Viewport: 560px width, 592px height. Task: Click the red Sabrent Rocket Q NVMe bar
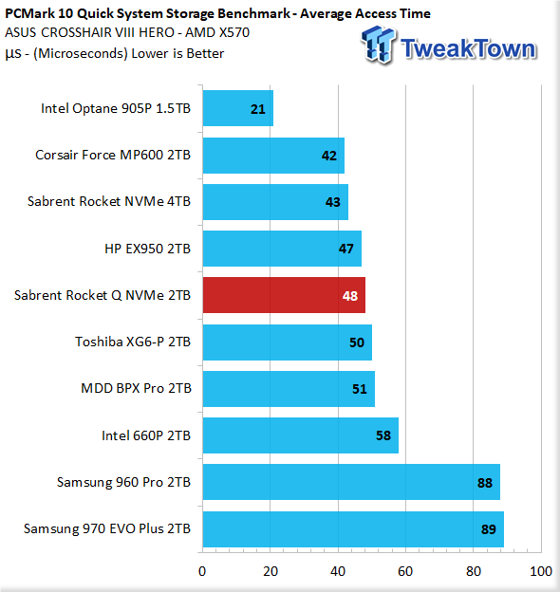(x=284, y=295)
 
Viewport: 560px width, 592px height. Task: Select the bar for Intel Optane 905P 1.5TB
(x=238, y=108)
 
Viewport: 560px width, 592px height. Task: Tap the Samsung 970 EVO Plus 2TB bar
(x=353, y=529)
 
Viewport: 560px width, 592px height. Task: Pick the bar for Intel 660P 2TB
(x=301, y=435)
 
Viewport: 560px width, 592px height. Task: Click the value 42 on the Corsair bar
(x=329, y=156)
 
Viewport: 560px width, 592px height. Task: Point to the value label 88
(x=485, y=483)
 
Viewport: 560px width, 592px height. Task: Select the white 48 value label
(x=350, y=296)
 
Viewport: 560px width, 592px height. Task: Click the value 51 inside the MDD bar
(x=360, y=389)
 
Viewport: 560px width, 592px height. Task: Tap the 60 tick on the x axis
(x=405, y=572)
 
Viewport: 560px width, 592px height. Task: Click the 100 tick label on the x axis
(x=541, y=572)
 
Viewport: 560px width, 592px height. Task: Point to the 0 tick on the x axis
(x=202, y=572)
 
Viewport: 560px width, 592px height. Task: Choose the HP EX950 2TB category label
(x=148, y=249)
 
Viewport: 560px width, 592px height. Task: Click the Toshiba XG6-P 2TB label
(x=133, y=342)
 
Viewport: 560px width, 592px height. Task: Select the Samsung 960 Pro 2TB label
(x=123, y=482)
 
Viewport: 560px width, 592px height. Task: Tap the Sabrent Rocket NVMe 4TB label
(x=109, y=201)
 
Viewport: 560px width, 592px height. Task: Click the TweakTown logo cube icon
(x=379, y=45)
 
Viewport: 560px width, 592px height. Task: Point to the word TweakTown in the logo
(x=468, y=48)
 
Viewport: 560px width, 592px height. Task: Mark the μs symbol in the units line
(x=13, y=54)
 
